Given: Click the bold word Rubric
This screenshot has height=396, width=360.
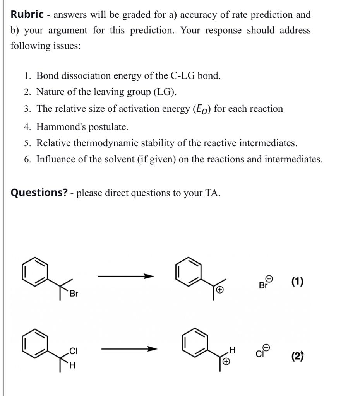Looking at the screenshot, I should point(27,15).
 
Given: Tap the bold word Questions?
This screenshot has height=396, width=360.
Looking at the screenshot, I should point(39,193).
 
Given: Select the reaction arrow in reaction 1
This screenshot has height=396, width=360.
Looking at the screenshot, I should point(126,276).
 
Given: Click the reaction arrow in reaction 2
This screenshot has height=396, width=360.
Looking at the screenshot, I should point(129,349).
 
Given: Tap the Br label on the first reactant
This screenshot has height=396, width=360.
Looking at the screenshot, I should point(74,294).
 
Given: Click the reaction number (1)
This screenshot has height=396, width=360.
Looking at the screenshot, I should point(297,282).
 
